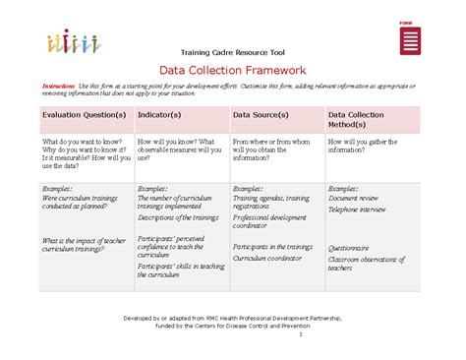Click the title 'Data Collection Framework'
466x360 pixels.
233,70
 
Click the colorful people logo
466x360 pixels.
72,42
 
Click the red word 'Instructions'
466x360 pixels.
58,87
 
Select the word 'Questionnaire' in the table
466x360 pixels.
349,248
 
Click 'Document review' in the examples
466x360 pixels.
356,199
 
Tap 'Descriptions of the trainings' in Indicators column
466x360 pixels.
176,217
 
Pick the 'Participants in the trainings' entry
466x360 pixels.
273,247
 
